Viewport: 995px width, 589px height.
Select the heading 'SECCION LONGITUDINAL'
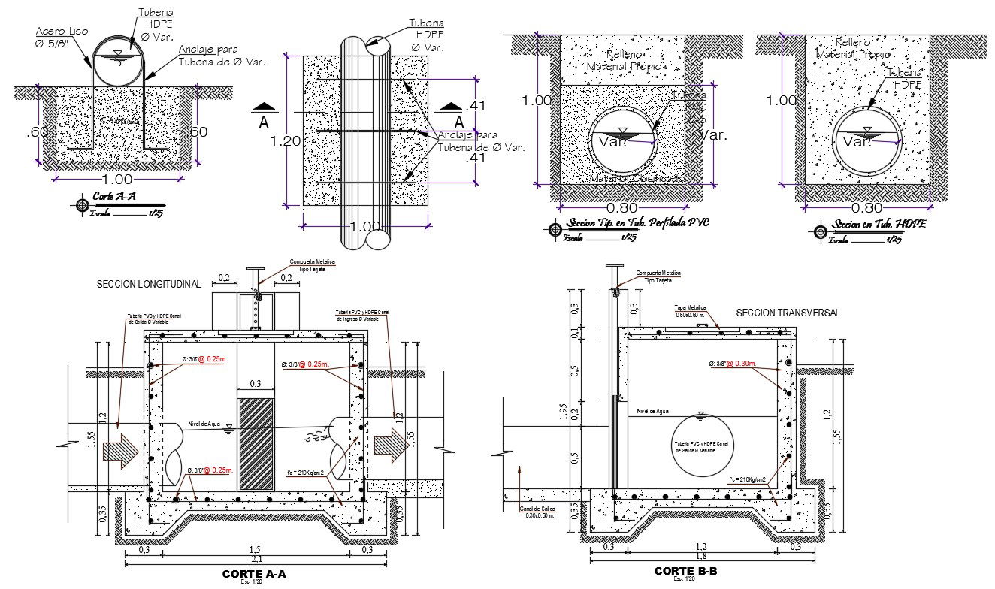point(149,285)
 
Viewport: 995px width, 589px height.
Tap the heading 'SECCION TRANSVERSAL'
point(788,313)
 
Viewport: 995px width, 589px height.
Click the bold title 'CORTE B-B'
point(685,572)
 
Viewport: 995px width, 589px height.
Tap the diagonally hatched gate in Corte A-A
point(256,445)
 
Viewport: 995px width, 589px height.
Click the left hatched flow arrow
point(120,450)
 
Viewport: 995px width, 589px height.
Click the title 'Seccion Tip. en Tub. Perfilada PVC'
point(639,223)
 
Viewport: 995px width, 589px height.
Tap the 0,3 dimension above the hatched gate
point(256,384)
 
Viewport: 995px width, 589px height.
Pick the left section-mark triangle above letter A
point(263,106)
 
